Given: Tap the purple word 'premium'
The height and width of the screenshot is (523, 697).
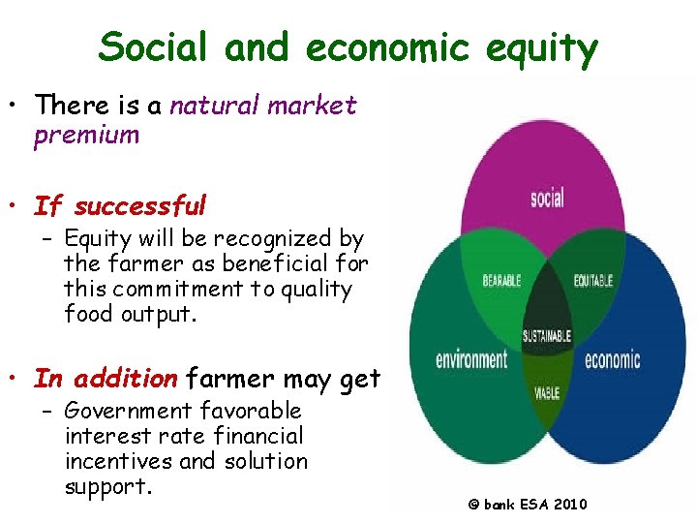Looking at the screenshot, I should pyautogui.click(x=86, y=135).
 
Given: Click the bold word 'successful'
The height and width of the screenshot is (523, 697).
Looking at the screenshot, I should pyautogui.click(x=140, y=206).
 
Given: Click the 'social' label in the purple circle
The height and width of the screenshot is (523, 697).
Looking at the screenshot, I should pyautogui.click(x=548, y=200).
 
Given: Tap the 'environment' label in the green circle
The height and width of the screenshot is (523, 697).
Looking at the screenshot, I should pyautogui.click(x=470, y=360).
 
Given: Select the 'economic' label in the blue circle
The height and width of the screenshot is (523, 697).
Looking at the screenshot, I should pyautogui.click(x=612, y=360).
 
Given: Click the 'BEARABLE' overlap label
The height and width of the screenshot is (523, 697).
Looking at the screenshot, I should pyautogui.click(x=501, y=281).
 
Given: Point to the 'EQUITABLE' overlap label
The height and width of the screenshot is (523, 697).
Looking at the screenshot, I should pyautogui.click(x=592, y=281).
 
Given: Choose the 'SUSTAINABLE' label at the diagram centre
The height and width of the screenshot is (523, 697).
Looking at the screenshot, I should pyautogui.click(x=547, y=336).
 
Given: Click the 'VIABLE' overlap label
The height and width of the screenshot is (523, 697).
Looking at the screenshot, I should pyautogui.click(x=546, y=393).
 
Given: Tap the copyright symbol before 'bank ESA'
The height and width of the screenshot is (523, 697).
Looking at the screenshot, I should pyautogui.click(x=474, y=505).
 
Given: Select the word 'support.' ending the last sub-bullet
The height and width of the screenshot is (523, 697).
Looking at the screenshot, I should pyautogui.click(x=108, y=487).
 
